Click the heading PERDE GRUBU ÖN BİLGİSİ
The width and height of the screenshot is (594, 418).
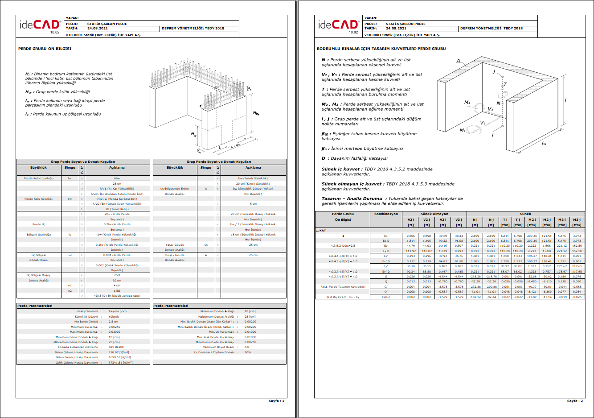point(45,49)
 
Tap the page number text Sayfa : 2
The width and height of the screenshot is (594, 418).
point(575,401)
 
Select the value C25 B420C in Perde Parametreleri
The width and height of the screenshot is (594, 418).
point(116,347)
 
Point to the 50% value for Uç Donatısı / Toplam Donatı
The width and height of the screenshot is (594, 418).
point(248,352)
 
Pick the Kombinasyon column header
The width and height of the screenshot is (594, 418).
point(386,214)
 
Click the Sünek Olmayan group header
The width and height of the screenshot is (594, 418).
point(434,214)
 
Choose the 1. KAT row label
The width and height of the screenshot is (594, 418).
point(321,231)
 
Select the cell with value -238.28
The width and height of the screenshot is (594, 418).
point(475,277)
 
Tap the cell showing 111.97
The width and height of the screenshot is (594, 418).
point(411,251)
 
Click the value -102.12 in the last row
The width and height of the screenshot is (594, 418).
point(475,297)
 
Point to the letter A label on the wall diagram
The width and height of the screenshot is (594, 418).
point(458,61)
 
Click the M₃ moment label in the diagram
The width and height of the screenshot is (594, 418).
point(467,103)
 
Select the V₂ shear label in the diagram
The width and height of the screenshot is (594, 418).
point(483,123)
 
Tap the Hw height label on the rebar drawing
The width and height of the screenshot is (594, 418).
point(256,113)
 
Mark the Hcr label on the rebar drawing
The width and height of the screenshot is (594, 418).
point(194,134)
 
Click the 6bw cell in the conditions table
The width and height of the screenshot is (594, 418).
point(117,178)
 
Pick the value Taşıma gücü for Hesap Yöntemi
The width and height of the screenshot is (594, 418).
point(117,311)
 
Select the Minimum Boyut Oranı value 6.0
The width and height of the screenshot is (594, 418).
point(247,347)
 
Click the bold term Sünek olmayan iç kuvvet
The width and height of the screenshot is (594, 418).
point(352,184)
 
